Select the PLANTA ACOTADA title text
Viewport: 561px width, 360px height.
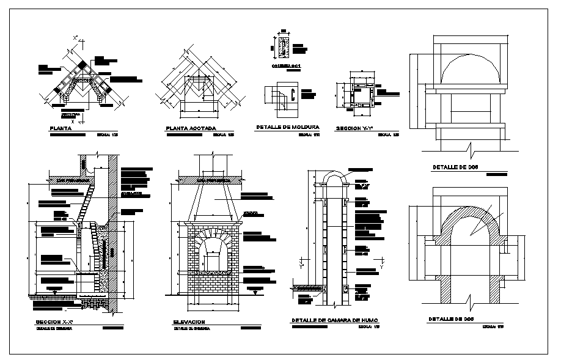[x=191, y=129]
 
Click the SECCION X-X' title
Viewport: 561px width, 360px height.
[x=56, y=321]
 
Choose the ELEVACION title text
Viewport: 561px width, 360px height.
[x=189, y=321]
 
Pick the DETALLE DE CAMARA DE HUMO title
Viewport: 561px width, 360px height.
[x=335, y=320]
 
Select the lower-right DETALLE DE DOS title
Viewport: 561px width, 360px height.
[x=451, y=319]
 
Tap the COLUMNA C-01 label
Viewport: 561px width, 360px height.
[x=286, y=65]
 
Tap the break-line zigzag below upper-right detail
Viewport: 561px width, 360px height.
[x=469, y=149]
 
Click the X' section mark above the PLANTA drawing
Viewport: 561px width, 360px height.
[x=75, y=38]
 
